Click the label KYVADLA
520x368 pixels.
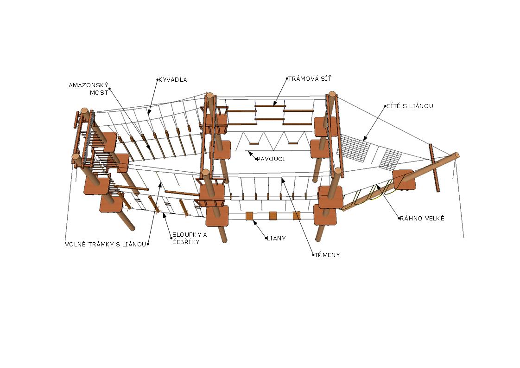pyautogui.click(x=173, y=80)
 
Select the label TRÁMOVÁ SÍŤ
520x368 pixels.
pyautogui.click(x=310, y=78)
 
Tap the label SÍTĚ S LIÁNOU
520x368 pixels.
pyautogui.click(x=410, y=106)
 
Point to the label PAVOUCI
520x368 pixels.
pyautogui.click(x=271, y=159)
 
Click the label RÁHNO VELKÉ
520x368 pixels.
pyautogui.click(x=422, y=218)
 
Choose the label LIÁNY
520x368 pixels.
pyautogui.click(x=276, y=239)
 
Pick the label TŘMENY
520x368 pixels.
pyautogui.click(x=328, y=255)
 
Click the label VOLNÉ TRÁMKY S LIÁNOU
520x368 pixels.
pyautogui.click(x=105, y=244)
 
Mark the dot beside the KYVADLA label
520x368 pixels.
pyautogui.click(x=157, y=80)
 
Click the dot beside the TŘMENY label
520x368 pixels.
pyautogui.click(x=313, y=255)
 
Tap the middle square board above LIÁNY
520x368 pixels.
pyautogui.click(x=273, y=215)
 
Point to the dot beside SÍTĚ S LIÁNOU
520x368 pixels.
pyautogui.click(x=386, y=106)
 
